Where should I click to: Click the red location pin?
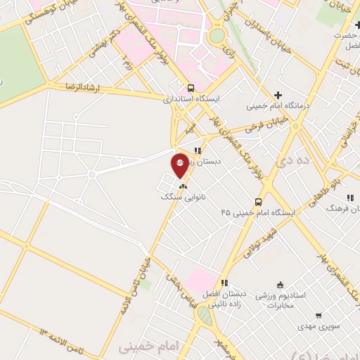point(181,167)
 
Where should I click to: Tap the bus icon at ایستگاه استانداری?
point(191,89)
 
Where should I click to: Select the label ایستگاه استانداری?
point(187,100)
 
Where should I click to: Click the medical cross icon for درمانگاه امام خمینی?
point(278,95)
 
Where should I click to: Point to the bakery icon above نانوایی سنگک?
point(184,187)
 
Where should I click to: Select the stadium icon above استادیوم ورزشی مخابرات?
point(280,285)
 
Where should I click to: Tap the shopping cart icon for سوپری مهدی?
point(318,316)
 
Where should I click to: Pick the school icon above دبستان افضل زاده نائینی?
point(224,282)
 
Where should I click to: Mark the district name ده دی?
point(293,161)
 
